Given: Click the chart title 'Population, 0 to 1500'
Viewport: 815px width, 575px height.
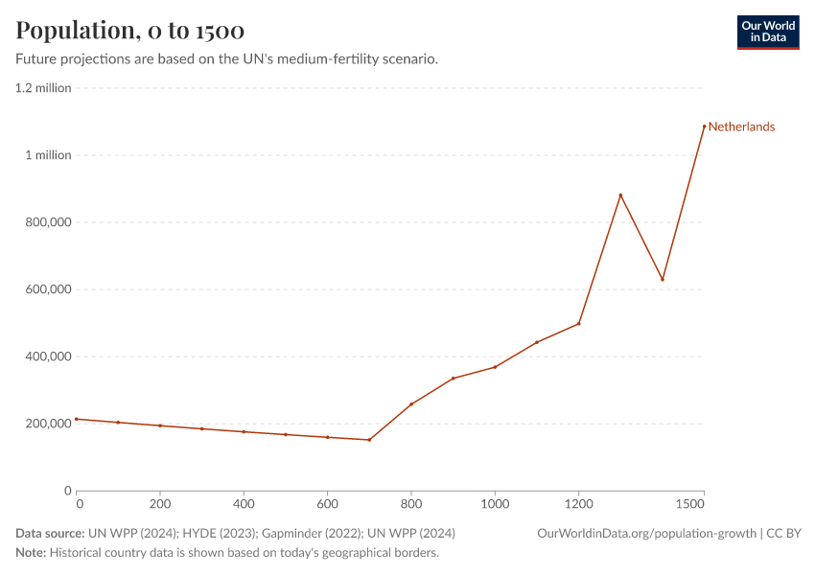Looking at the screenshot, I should click(129, 31).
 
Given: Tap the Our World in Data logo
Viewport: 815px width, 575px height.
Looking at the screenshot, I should click(767, 32).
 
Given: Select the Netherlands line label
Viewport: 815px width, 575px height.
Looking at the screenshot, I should click(741, 126).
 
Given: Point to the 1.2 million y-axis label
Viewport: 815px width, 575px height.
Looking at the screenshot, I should click(43, 88).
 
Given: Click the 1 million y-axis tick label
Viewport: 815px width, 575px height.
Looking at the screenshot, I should click(48, 155).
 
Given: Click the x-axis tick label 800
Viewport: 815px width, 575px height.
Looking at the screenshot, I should click(411, 503).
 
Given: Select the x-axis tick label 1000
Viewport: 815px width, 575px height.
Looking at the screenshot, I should click(495, 503).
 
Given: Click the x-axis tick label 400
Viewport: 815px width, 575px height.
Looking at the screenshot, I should click(244, 503).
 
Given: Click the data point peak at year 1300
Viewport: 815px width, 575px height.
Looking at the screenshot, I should click(620, 195).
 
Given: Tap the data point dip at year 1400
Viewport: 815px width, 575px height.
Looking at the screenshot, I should click(663, 280).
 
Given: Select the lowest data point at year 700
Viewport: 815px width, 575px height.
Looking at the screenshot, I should click(369, 440).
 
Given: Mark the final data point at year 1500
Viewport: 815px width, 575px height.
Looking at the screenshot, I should click(704, 126).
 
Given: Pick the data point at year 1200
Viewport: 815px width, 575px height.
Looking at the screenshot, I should click(579, 323).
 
